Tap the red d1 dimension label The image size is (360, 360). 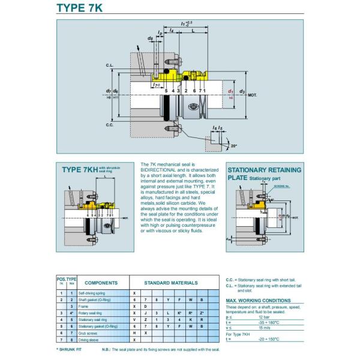click(x=232, y=91)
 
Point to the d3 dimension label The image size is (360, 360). click(x=242, y=91)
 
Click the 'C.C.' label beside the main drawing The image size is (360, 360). click(x=110, y=125)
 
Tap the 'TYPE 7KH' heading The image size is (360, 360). click(x=80, y=170)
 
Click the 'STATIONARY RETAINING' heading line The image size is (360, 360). click(x=264, y=170)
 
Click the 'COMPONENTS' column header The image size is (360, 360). click(x=101, y=282)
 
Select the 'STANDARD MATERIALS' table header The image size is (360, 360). click(x=171, y=282)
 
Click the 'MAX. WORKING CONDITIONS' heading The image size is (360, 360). click(x=259, y=299)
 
